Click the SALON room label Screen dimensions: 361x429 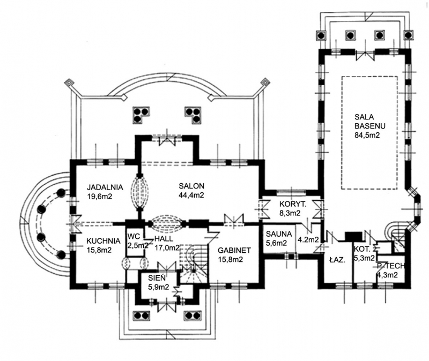pos(191,186)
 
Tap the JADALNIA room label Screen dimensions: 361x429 pos(105,187)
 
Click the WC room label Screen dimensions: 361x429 pos(134,236)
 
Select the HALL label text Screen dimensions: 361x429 pos(164,238)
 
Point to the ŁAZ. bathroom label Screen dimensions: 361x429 pos(336,260)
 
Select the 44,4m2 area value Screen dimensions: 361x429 pos(191,195)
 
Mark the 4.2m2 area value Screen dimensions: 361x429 pos(308,239)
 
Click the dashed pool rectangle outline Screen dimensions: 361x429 pos(342,134)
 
